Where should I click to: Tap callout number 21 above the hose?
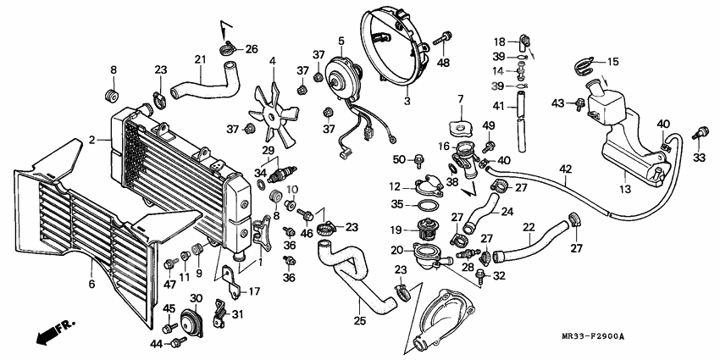[x=201, y=59]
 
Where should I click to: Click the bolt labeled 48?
[x=441, y=39]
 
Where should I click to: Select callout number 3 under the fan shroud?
[x=407, y=101]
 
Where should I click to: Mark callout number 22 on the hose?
[x=529, y=227]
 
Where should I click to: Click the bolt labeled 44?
[x=178, y=342]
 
